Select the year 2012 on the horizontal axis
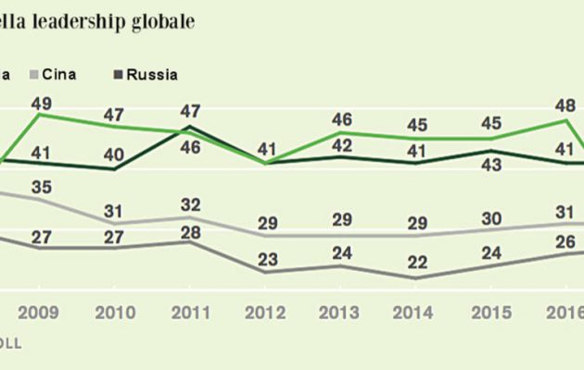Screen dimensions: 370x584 [266, 312]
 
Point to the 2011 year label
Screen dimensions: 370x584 [190, 312]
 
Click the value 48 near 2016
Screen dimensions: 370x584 [568, 105]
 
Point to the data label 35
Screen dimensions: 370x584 [40, 188]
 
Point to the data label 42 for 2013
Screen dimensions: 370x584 [342, 144]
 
